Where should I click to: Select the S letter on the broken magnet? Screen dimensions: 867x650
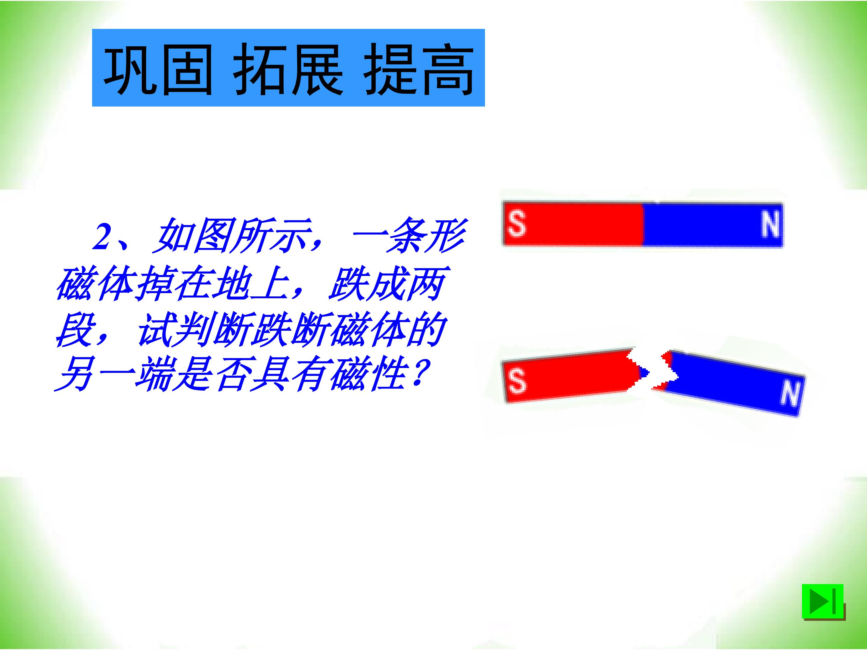(x=517, y=381)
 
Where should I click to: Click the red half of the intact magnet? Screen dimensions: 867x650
(x=573, y=224)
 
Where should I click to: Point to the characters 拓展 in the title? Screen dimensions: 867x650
(x=288, y=69)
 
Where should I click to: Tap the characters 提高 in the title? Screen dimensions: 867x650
(x=419, y=69)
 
